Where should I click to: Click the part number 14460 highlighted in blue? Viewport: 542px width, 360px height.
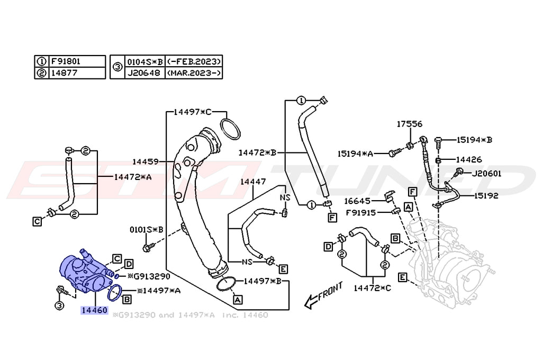[x=94, y=310]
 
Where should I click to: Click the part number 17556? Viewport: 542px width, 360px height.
[x=410, y=124]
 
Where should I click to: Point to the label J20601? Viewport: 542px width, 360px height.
[x=486, y=173]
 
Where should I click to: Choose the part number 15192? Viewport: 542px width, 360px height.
[x=486, y=195]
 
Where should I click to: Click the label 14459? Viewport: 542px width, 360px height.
[x=146, y=161]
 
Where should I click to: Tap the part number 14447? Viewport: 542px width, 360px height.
[x=253, y=182]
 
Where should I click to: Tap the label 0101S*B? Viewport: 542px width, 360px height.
[x=147, y=230]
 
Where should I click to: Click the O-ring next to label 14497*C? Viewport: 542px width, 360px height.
[x=230, y=129]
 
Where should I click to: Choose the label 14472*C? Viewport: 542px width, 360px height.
[x=373, y=288]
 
